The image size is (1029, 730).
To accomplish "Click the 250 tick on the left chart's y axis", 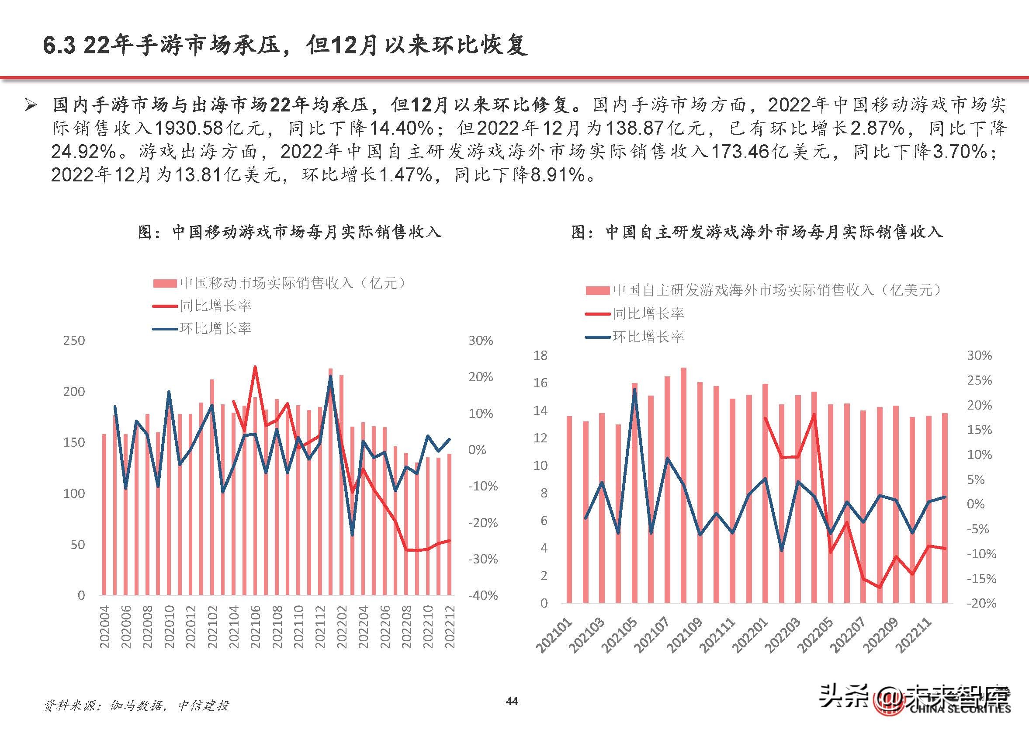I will click(74, 340).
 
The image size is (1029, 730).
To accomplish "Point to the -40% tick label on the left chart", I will click(483, 596).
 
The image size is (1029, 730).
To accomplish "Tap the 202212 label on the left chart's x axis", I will click(450, 627).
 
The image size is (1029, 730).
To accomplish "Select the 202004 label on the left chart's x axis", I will click(104, 627).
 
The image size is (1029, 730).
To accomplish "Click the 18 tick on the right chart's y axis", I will click(540, 355).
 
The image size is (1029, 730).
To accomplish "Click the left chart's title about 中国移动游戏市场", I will click(290, 232).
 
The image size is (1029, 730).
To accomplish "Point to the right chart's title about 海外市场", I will click(757, 232).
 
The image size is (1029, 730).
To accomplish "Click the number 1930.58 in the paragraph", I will click(189, 129).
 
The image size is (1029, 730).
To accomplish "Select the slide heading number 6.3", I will click(59, 46).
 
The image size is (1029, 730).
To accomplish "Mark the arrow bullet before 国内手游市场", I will click(31, 106).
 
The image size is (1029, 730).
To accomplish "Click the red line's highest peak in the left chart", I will click(255, 367).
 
